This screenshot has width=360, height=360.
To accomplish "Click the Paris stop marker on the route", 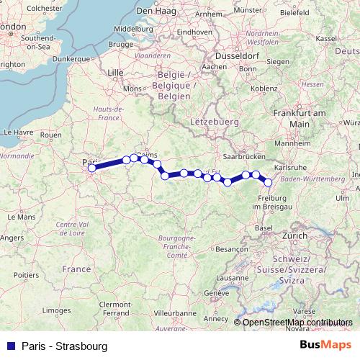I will point(91,168).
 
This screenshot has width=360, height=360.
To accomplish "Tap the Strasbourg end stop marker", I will point(268,182).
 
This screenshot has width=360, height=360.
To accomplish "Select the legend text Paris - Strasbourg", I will point(65,346).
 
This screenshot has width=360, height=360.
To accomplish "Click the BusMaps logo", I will point(326,346).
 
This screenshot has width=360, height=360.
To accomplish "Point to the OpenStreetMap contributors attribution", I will point(297,323).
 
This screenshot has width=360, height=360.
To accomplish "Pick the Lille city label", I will point(115,73).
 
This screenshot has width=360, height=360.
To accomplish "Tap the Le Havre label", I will point(19,132).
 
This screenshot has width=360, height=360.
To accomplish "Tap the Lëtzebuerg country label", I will point(215,122).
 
